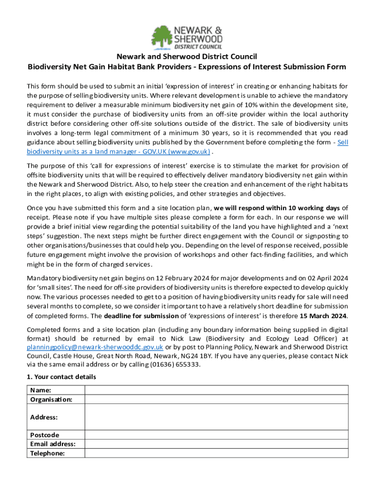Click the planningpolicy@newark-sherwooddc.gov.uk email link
coord(95,347)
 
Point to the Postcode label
coord(44,435)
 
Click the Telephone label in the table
coord(48,453)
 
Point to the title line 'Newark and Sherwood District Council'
coord(187,57)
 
